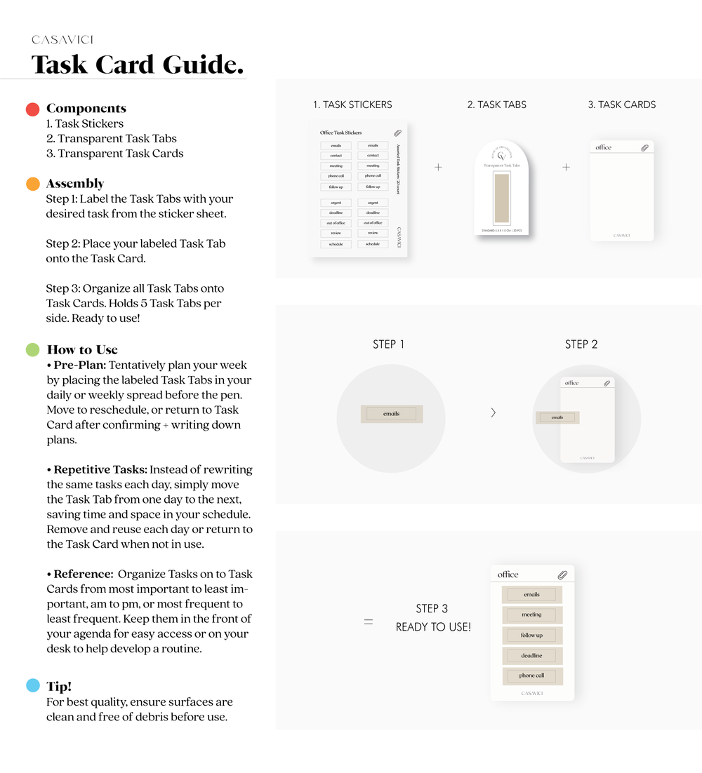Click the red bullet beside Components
coord(32,109)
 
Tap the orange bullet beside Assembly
coord(32,184)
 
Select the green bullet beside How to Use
coord(32,349)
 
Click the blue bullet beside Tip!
coord(32,685)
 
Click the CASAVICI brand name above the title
coord(62,40)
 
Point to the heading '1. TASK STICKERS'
coord(352,105)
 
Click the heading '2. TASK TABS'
coord(496,105)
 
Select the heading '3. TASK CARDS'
coord(621,105)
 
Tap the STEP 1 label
coord(388,344)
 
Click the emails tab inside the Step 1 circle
coord(391,414)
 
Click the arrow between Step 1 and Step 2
coord(493,412)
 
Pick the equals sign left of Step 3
coord(368,621)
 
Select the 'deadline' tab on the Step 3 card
coord(531,656)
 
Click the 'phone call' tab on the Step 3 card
coord(531,676)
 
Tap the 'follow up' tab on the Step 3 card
coord(531,636)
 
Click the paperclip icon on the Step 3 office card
coord(562,575)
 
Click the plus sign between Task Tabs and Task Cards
coord(566,168)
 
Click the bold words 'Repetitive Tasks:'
coord(100,470)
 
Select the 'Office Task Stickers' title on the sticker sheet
coord(340,133)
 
